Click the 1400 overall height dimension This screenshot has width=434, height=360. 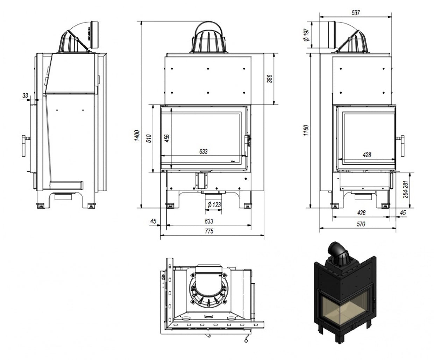click(x=137, y=135)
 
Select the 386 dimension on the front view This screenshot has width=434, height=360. click(x=269, y=79)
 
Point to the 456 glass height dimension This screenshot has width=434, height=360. click(x=167, y=138)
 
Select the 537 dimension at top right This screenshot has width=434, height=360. click(x=356, y=13)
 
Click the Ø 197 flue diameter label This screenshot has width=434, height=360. click(x=306, y=35)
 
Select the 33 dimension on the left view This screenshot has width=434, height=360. click(x=25, y=95)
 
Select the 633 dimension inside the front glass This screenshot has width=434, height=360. click(x=204, y=152)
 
